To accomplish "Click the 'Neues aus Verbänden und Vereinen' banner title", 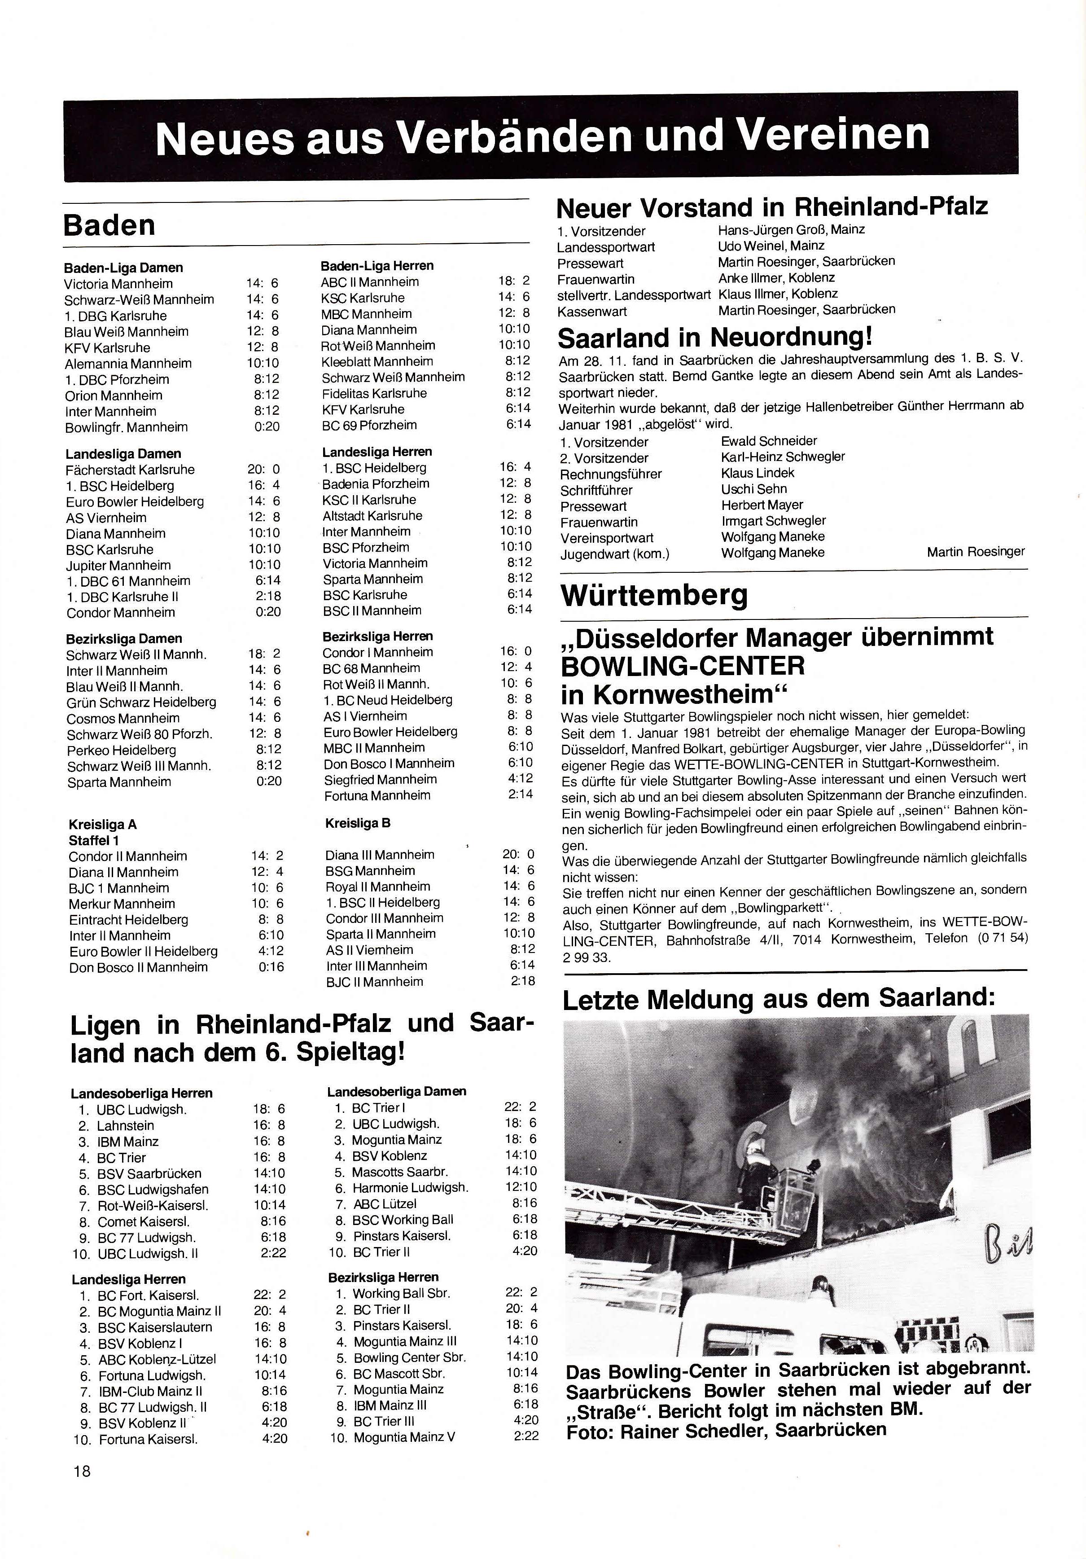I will click(x=542, y=136).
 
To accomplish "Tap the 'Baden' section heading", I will click(x=109, y=225).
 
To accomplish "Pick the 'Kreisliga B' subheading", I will click(x=358, y=823).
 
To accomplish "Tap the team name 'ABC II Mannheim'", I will click(x=369, y=282).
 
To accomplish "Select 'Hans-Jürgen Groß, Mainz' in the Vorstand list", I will click(x=791, y=229).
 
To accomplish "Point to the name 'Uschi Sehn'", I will click(x=754, y=489).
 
